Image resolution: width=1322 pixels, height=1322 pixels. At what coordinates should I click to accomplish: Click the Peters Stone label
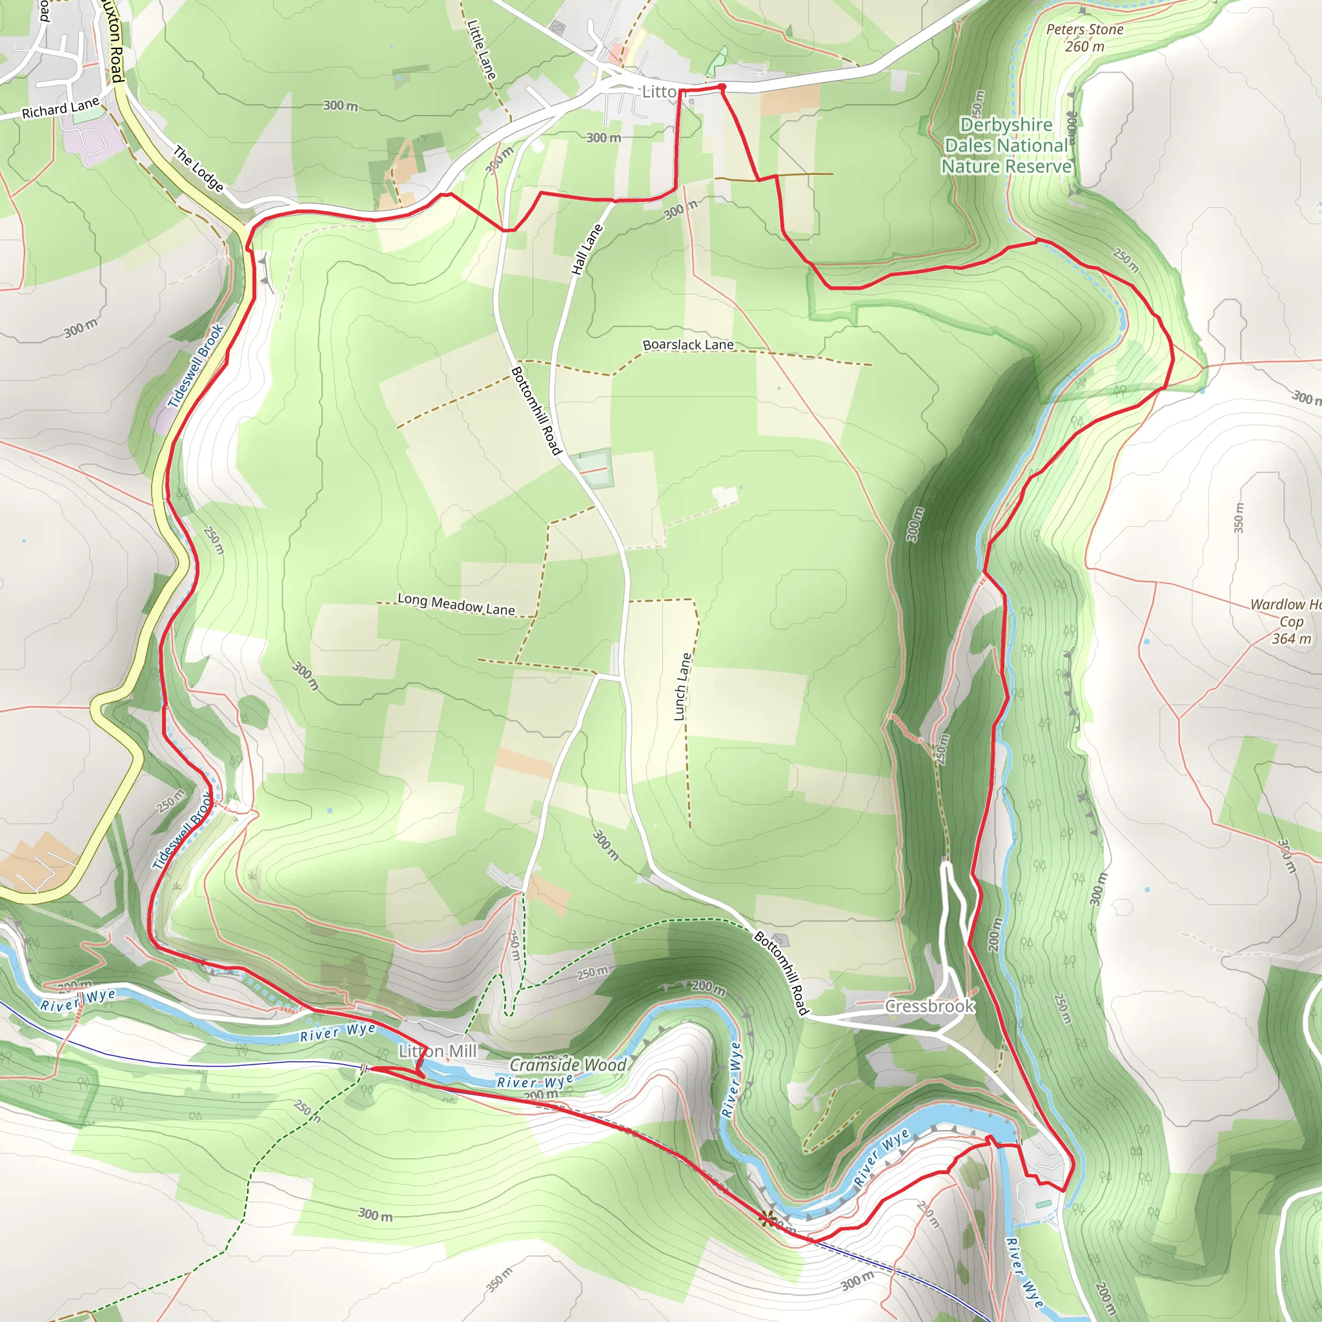1084,30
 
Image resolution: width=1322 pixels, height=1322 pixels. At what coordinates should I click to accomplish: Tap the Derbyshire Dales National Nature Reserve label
1006,146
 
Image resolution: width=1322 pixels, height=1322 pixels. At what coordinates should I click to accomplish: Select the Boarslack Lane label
687,345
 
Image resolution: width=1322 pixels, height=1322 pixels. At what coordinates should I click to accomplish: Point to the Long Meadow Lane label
456,604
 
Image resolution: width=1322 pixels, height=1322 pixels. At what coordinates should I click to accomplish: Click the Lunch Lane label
682,686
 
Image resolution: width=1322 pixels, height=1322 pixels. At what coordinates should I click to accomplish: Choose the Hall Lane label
587,250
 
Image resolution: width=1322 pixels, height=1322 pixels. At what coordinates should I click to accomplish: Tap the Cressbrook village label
930,1006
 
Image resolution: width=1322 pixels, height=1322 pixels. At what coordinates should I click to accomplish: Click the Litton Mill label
438,1051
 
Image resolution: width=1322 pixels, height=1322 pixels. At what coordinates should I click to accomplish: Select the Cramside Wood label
567,1064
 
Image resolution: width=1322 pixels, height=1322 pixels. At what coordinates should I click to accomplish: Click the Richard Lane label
60,108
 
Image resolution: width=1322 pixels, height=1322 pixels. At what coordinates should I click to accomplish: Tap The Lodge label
198,168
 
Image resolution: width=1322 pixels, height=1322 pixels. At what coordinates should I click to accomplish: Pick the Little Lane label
481,48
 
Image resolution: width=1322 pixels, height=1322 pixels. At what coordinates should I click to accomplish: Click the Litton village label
658,92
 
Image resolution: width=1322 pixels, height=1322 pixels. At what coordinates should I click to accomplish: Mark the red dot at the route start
722,87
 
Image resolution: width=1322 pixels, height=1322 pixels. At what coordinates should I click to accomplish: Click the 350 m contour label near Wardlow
1239,518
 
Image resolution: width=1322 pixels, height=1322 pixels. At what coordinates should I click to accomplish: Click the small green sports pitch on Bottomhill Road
593,468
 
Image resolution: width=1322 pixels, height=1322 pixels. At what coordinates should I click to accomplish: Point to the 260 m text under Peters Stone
1084,46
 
